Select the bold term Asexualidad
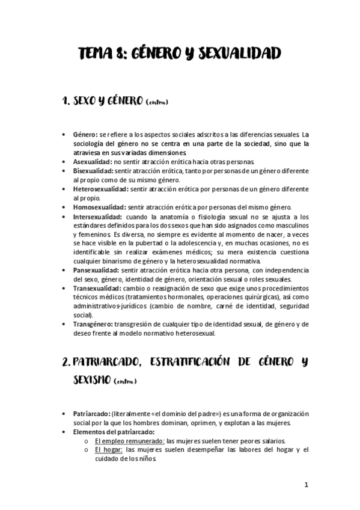coord(92,162)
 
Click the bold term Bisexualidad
coord(92,171)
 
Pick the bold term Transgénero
coord(93,324)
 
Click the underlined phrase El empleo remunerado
coord(129,441)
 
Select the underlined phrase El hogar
coord(108,449)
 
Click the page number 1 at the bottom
coord(306,485)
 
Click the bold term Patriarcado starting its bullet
coord(91,414)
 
